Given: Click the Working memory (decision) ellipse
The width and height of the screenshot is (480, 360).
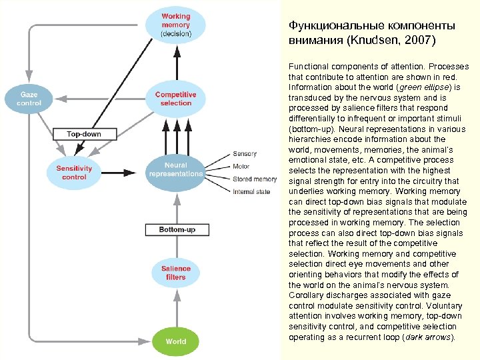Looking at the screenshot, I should tap(176, 25).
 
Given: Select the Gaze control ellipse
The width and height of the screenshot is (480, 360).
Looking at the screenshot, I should tap(28, 99).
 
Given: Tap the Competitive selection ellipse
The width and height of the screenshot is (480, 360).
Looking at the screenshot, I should tap(176, 99).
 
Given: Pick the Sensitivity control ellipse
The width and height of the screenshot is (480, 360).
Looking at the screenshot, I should tap(74, 172).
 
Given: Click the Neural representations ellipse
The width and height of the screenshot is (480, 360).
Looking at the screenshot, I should tap(176, 169).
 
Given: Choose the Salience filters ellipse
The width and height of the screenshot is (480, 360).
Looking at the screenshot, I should tap(176, 273).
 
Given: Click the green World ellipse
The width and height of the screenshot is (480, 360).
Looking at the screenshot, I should tap(176, 341).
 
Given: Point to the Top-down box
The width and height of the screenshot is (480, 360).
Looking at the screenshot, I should tap(84, 134).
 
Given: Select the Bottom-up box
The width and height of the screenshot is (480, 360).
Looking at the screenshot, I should tap(177, 230).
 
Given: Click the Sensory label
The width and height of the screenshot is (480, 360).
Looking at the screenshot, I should tap(244, 154).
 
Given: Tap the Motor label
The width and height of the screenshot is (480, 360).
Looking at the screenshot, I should tap(241, 167).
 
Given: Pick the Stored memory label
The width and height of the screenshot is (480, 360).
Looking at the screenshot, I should tap(254, 179).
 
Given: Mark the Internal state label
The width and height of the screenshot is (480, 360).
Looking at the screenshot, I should tap(251, 192).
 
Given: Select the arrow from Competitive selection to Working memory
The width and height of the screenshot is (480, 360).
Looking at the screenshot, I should tap(176, 61).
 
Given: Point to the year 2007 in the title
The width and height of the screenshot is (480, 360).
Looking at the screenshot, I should tap(419, 41).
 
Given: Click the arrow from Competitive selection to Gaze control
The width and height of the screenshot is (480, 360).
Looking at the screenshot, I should tap(100, 99).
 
